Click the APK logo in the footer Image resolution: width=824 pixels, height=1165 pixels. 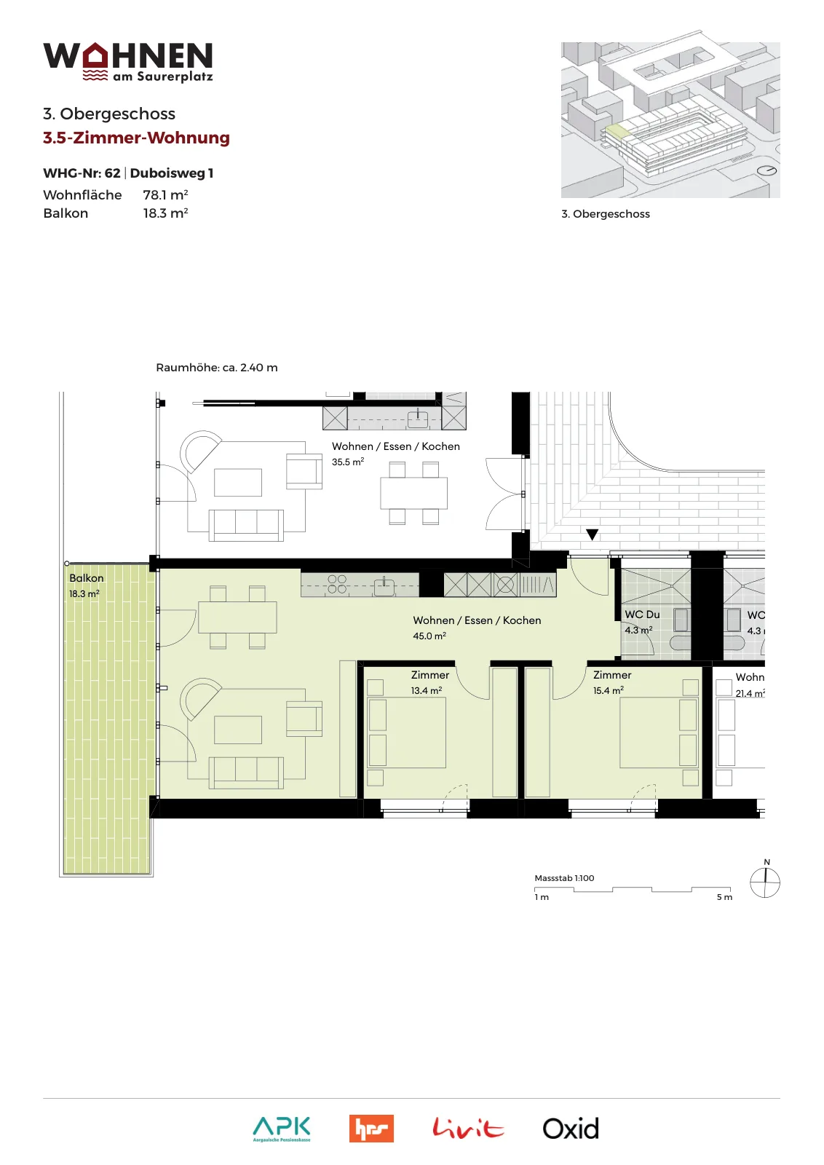(282, 1129)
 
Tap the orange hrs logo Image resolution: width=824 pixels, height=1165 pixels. (371, 1129)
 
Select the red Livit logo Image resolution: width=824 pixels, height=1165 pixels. (468, 1128)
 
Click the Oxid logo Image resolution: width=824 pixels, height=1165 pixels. (571, 1129)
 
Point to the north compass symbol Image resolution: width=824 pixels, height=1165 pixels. (765, 882)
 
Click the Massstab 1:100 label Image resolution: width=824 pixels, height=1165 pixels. (564, 878)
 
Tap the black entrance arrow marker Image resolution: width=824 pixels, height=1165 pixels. (592, 534)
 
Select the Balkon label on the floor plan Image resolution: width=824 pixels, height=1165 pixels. (87, 578)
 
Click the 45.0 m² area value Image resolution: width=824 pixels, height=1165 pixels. (429, 636)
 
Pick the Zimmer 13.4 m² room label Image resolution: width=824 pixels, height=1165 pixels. (429, 682)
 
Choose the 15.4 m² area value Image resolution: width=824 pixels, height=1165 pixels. (609, 691)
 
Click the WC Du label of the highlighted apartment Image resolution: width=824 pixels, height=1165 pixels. (642, 615)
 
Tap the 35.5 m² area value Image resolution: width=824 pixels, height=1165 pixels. (348, 462)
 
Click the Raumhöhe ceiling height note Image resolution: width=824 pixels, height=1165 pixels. (217, 367)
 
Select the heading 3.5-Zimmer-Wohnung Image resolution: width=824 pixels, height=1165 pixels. (136, 138)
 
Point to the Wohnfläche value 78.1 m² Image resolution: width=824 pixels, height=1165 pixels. (165, 194)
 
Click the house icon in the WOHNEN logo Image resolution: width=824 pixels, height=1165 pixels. (95, 55)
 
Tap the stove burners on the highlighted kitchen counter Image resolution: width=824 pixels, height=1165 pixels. (337, 584)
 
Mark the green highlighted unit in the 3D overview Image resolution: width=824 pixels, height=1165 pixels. (617, 130)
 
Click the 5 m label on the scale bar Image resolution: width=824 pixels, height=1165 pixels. (724, 897)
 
